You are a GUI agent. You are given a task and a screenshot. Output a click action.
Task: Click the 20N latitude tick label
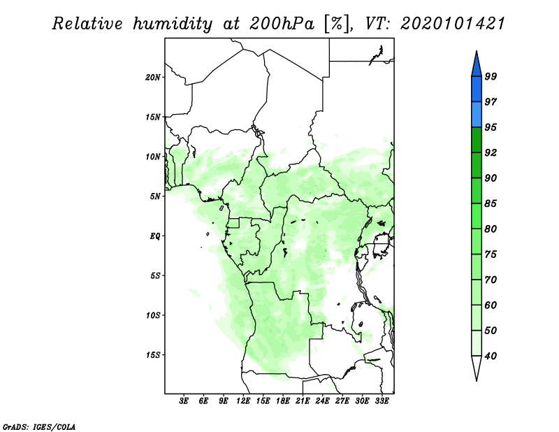tap(153, 78)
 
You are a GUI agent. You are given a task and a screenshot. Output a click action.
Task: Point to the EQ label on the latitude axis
tap(155, 236)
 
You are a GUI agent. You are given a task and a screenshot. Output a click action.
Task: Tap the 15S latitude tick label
tap(153, 355)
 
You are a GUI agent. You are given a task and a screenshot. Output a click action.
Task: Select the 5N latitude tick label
tap(155, 196)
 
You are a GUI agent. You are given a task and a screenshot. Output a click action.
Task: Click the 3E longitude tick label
tap(184, 401)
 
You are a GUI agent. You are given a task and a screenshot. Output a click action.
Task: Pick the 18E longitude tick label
tap(283, 401)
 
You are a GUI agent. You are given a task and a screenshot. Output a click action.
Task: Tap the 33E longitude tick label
tap(382, 401)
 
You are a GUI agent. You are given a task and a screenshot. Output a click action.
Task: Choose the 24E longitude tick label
tap(322, 401)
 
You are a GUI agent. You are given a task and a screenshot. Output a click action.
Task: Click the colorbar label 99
tap(491, 76)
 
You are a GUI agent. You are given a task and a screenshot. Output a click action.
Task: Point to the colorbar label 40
tap(491, 356)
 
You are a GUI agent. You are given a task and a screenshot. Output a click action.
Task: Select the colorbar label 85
tap(491, 203)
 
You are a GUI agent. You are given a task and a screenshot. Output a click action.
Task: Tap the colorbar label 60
tap(491, 305)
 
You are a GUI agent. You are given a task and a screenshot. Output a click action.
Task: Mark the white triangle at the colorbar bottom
tap(477, 367)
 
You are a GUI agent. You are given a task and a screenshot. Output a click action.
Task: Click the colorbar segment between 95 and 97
tap(477, 115)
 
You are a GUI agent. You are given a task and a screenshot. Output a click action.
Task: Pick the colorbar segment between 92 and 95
tap(477, 140)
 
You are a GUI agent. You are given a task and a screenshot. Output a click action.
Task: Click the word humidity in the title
tap(173, 24)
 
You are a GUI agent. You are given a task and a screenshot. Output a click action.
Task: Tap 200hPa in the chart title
tap(282, 24)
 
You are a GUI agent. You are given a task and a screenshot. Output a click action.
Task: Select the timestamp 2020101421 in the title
tap(453, 24)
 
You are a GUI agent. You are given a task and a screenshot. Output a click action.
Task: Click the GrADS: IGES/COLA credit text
tap(39, 426)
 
